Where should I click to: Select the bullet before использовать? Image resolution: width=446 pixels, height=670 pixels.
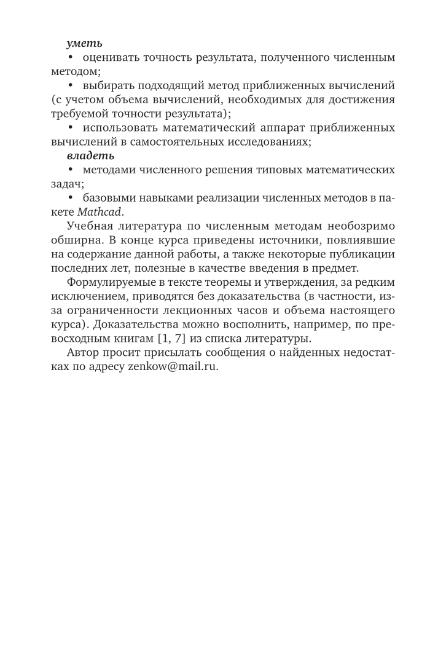pos(71,128)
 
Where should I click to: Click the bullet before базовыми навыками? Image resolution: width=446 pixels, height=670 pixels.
pos(71,199)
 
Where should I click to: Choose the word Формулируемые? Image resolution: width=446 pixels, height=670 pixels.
pos(114,282)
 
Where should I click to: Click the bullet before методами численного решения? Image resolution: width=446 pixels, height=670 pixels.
pos(71,170)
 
